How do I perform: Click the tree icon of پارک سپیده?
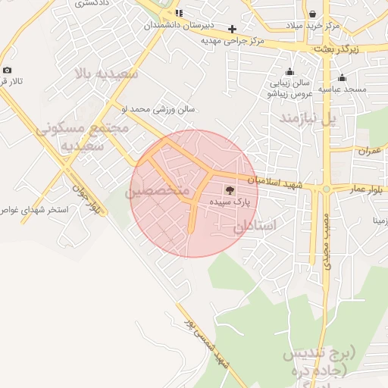[x=230, y=190]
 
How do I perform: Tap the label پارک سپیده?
[x=231, y=204]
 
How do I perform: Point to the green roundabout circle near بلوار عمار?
[x=326, y=189]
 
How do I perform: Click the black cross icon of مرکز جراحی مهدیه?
[x=233, y=29]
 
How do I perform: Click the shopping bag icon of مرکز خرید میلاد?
[x=312, y=14]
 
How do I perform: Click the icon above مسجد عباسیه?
[x=342, y=77]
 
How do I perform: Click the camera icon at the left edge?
[x=7, y=70]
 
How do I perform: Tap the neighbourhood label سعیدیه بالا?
[x=105, y=74]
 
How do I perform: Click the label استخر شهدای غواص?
[x=34, y=209]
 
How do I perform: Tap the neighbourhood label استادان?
[x=255, y=227]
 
